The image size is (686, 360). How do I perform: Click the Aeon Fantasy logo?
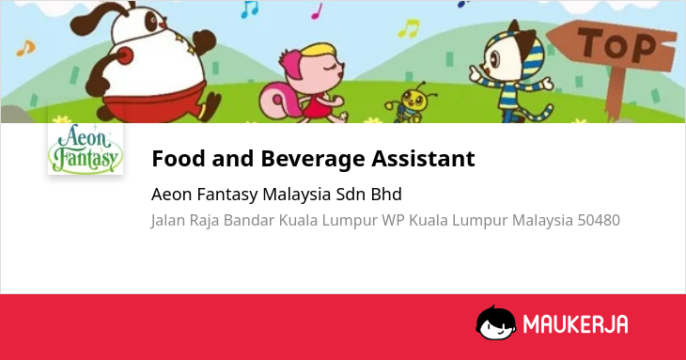click(x=86, y=149)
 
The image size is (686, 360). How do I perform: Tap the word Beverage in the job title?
click(x=313, y=158)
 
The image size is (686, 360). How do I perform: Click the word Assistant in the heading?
click(x=423, y=158)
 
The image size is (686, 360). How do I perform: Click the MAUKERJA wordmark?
click(x=575, y=324)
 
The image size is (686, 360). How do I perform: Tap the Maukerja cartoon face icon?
click(x=495, y=322)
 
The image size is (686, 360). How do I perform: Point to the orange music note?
click(x=25, y=48)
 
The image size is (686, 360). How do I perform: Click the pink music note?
click(x=317, y=11)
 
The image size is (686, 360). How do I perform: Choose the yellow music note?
click(x=409, y=28)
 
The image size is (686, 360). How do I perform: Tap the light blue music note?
click(x=249, y=9)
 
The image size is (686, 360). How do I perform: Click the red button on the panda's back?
click(x=125, y=56)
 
